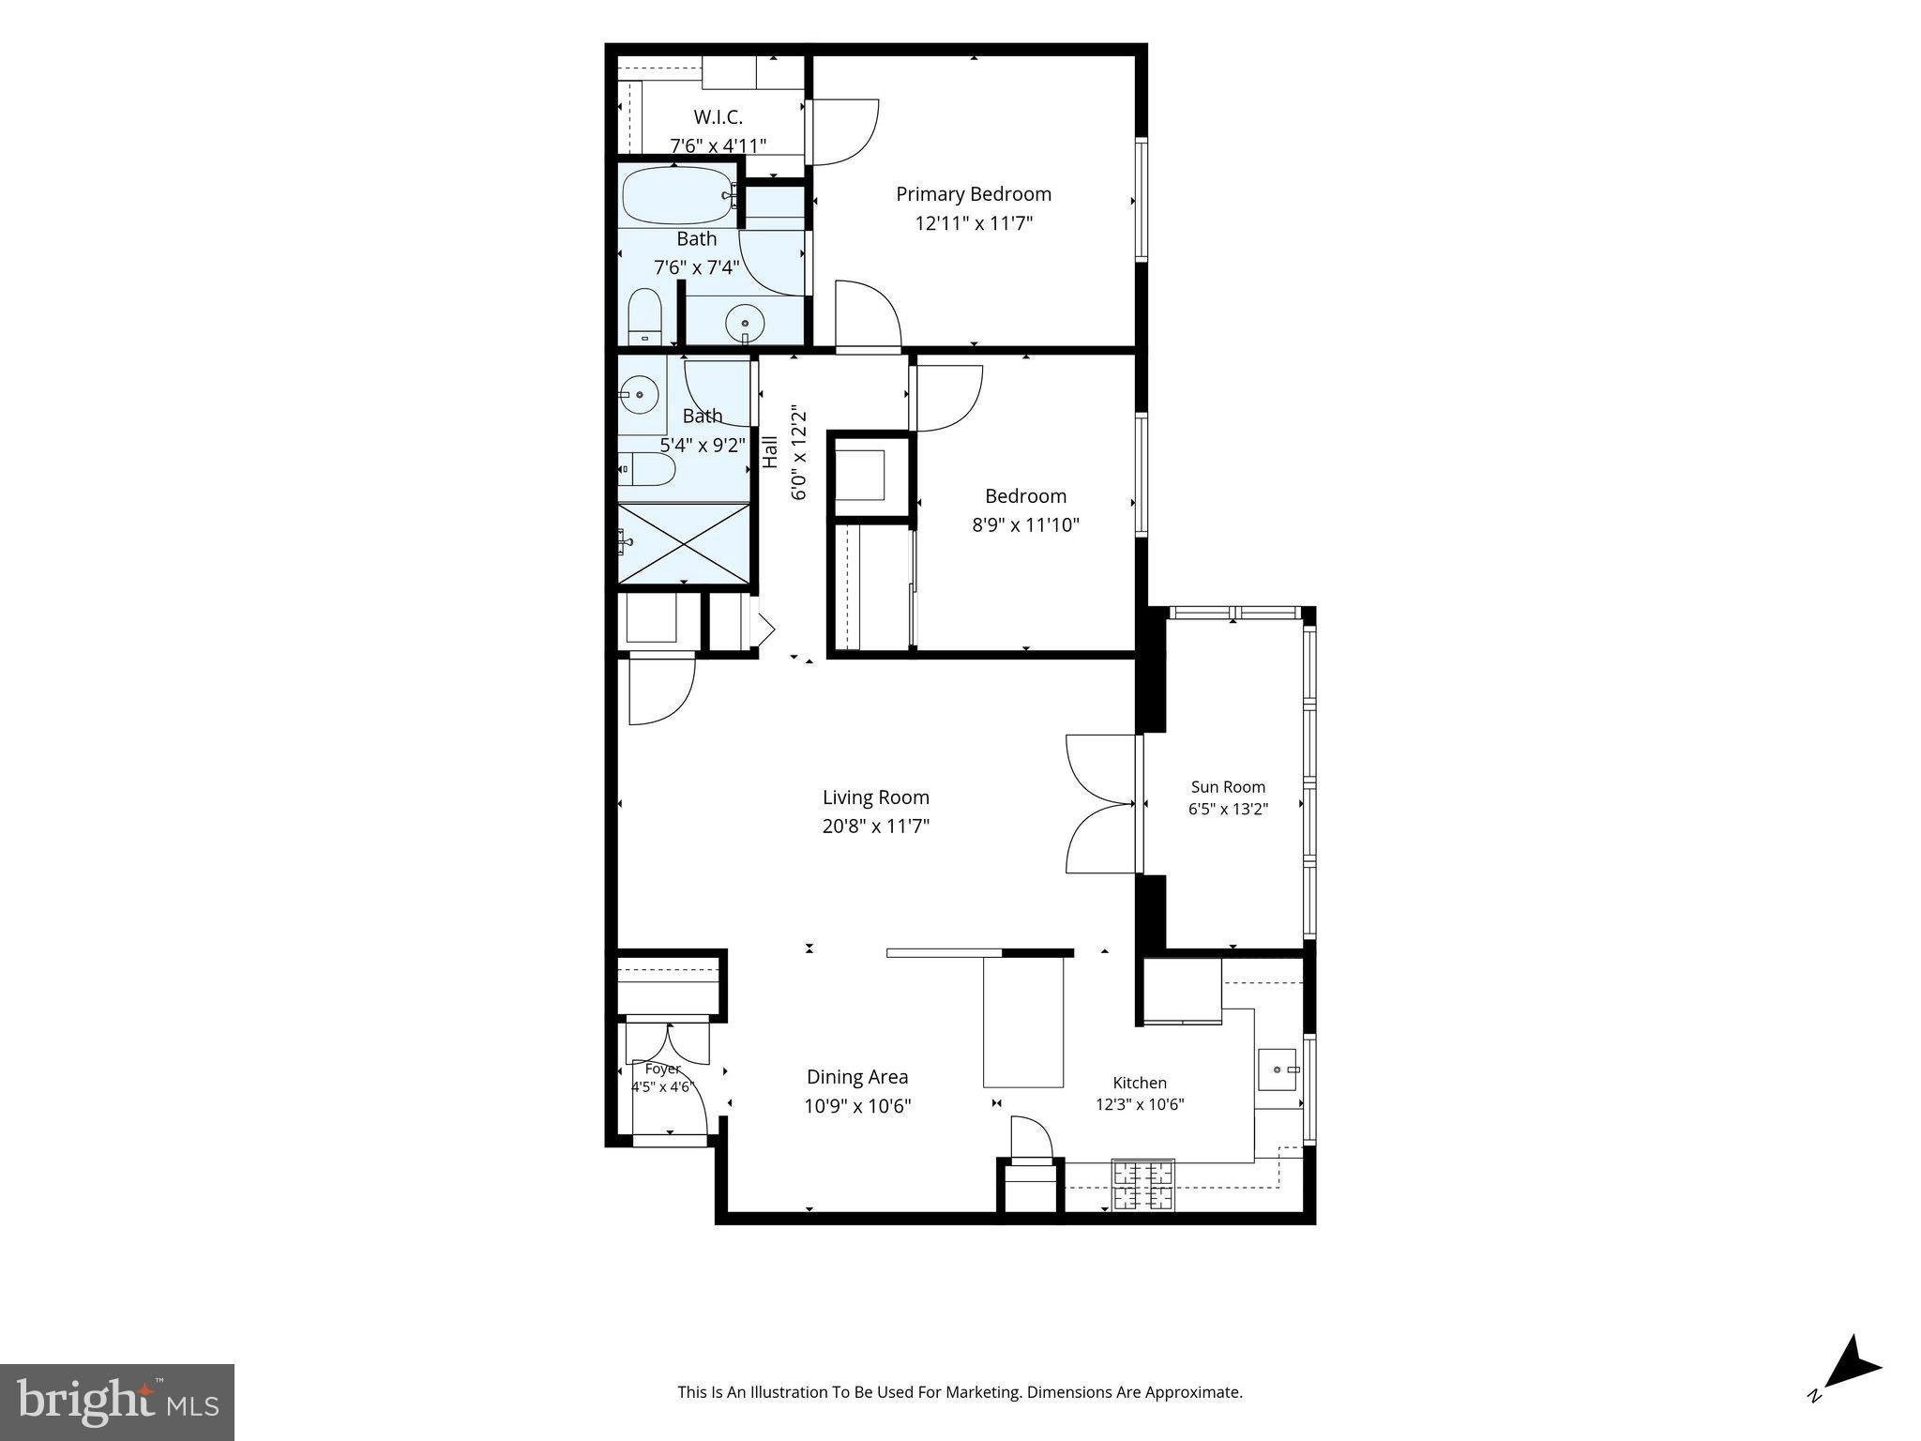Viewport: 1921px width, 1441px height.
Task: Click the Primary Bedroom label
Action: pos(974,194)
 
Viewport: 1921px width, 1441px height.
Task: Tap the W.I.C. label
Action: pos(718,117)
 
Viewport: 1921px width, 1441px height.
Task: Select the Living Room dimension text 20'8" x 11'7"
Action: pos(876,827)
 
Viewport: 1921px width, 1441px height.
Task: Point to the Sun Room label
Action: pos(1228,787)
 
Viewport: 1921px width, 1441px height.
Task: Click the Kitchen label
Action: pos(1140,1083)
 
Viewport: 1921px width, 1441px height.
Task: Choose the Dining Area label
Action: pos(857,1078)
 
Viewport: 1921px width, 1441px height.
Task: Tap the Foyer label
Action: pos(662,1069)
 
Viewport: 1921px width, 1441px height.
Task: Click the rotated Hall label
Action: pos(771,452)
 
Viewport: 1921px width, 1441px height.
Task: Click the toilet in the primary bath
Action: pos(644,316)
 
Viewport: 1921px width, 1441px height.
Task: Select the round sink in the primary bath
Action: pos(746,324)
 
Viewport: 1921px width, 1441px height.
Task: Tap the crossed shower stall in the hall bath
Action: pos(685,543)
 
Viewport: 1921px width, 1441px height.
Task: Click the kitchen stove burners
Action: pos(1142,1184)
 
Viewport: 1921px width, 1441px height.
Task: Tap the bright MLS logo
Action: pos(117,1402)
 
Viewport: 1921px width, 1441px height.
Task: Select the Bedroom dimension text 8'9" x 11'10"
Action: pos(1025,525)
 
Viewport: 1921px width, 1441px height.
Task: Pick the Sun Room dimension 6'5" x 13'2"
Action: pos(1228,809)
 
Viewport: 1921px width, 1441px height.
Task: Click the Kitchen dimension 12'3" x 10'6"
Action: pos(1140,1104)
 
